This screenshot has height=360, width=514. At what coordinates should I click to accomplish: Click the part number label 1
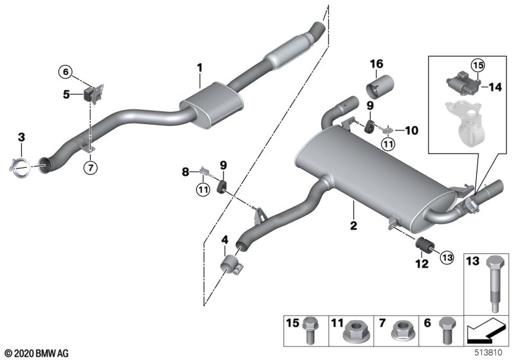(200, 68)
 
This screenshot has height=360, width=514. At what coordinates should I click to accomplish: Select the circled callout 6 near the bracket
(66, 72)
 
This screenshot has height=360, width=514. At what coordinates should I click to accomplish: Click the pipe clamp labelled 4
(231, 264)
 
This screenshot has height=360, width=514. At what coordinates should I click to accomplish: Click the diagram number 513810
(488, 353)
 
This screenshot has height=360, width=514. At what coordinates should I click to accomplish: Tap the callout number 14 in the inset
(495, 87)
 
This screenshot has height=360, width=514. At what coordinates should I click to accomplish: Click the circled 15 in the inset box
(478, 65)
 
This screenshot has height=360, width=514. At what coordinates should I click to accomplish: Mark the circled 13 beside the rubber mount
(447, 257)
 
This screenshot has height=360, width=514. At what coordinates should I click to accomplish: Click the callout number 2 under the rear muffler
(353, 226)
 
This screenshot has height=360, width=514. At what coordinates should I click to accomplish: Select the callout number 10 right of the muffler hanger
(412, 130)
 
